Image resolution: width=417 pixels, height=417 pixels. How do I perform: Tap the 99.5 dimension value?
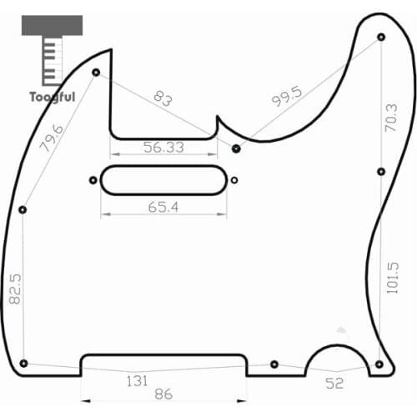[286, 100]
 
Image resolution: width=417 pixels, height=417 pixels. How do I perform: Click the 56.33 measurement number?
[163, 148]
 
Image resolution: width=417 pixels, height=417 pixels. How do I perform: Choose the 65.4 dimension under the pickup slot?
[163, 206]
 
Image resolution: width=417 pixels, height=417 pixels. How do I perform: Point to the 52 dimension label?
[334, 384]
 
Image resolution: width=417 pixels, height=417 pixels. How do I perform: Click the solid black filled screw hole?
[237, 148]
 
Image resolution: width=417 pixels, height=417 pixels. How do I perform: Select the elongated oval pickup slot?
[164, 179]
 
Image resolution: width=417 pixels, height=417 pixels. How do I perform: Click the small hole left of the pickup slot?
[92, 179]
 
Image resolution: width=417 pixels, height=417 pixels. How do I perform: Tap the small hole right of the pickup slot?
[234, 179]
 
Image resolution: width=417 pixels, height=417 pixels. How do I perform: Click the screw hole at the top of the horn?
[381, 37]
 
